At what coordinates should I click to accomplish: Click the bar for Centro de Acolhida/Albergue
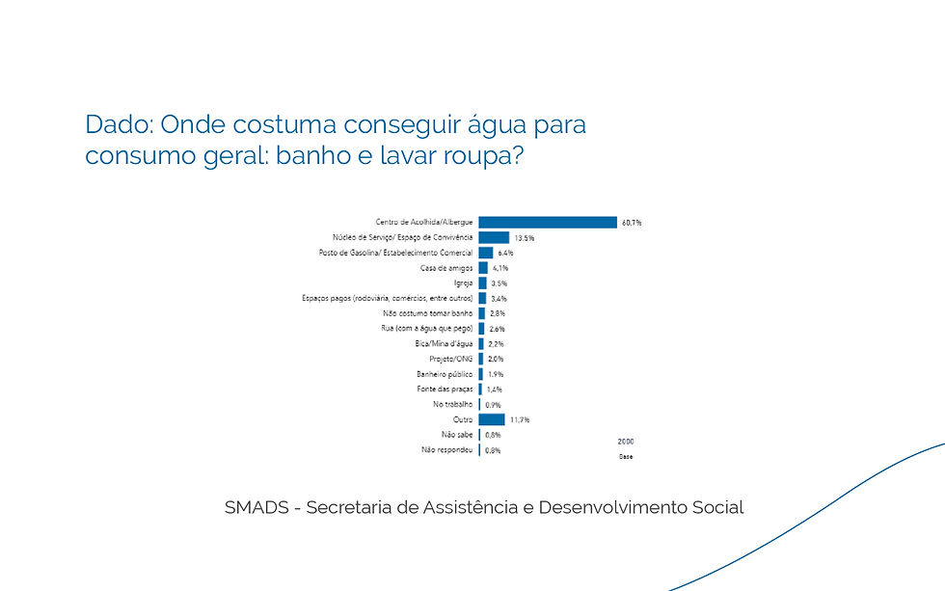[x=547, y=222]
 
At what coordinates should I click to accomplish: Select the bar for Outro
[x=491, y=419]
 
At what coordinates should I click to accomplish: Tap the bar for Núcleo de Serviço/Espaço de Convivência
[x=493, y=237]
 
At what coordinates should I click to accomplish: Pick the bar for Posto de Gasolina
[x=485, y=253]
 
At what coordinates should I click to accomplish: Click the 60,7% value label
[x=632, y=223]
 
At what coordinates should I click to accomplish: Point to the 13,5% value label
[x=524, y=238]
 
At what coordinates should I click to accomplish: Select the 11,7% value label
[x=519, y=420]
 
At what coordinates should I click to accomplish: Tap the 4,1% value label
[x=499, y=268]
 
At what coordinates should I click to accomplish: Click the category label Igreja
[x=463, y=283]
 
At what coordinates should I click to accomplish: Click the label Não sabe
[x=457, y=435]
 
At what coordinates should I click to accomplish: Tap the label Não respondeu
[x=447, y=450]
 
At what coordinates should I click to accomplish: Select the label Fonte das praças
[x=446, y=389]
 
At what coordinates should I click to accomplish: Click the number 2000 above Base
[x=625, y=441]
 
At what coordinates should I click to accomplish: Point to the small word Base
[x=625, y=456]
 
